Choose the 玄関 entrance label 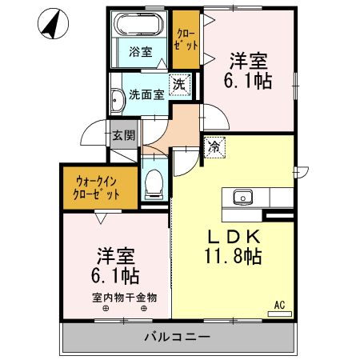pyautogui.click(x=123, y=135)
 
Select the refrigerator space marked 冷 pyautogui.click(x=214, y=146)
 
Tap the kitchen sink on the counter pyautogui.click(x=240, y=197)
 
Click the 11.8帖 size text pyautogui.click(x=233, y=257)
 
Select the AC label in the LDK pyautogui.click(x=280, y=305)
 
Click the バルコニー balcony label pyautogui.click(x=178, y=336)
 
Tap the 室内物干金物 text pyautogui.click(x=124, y=298)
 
